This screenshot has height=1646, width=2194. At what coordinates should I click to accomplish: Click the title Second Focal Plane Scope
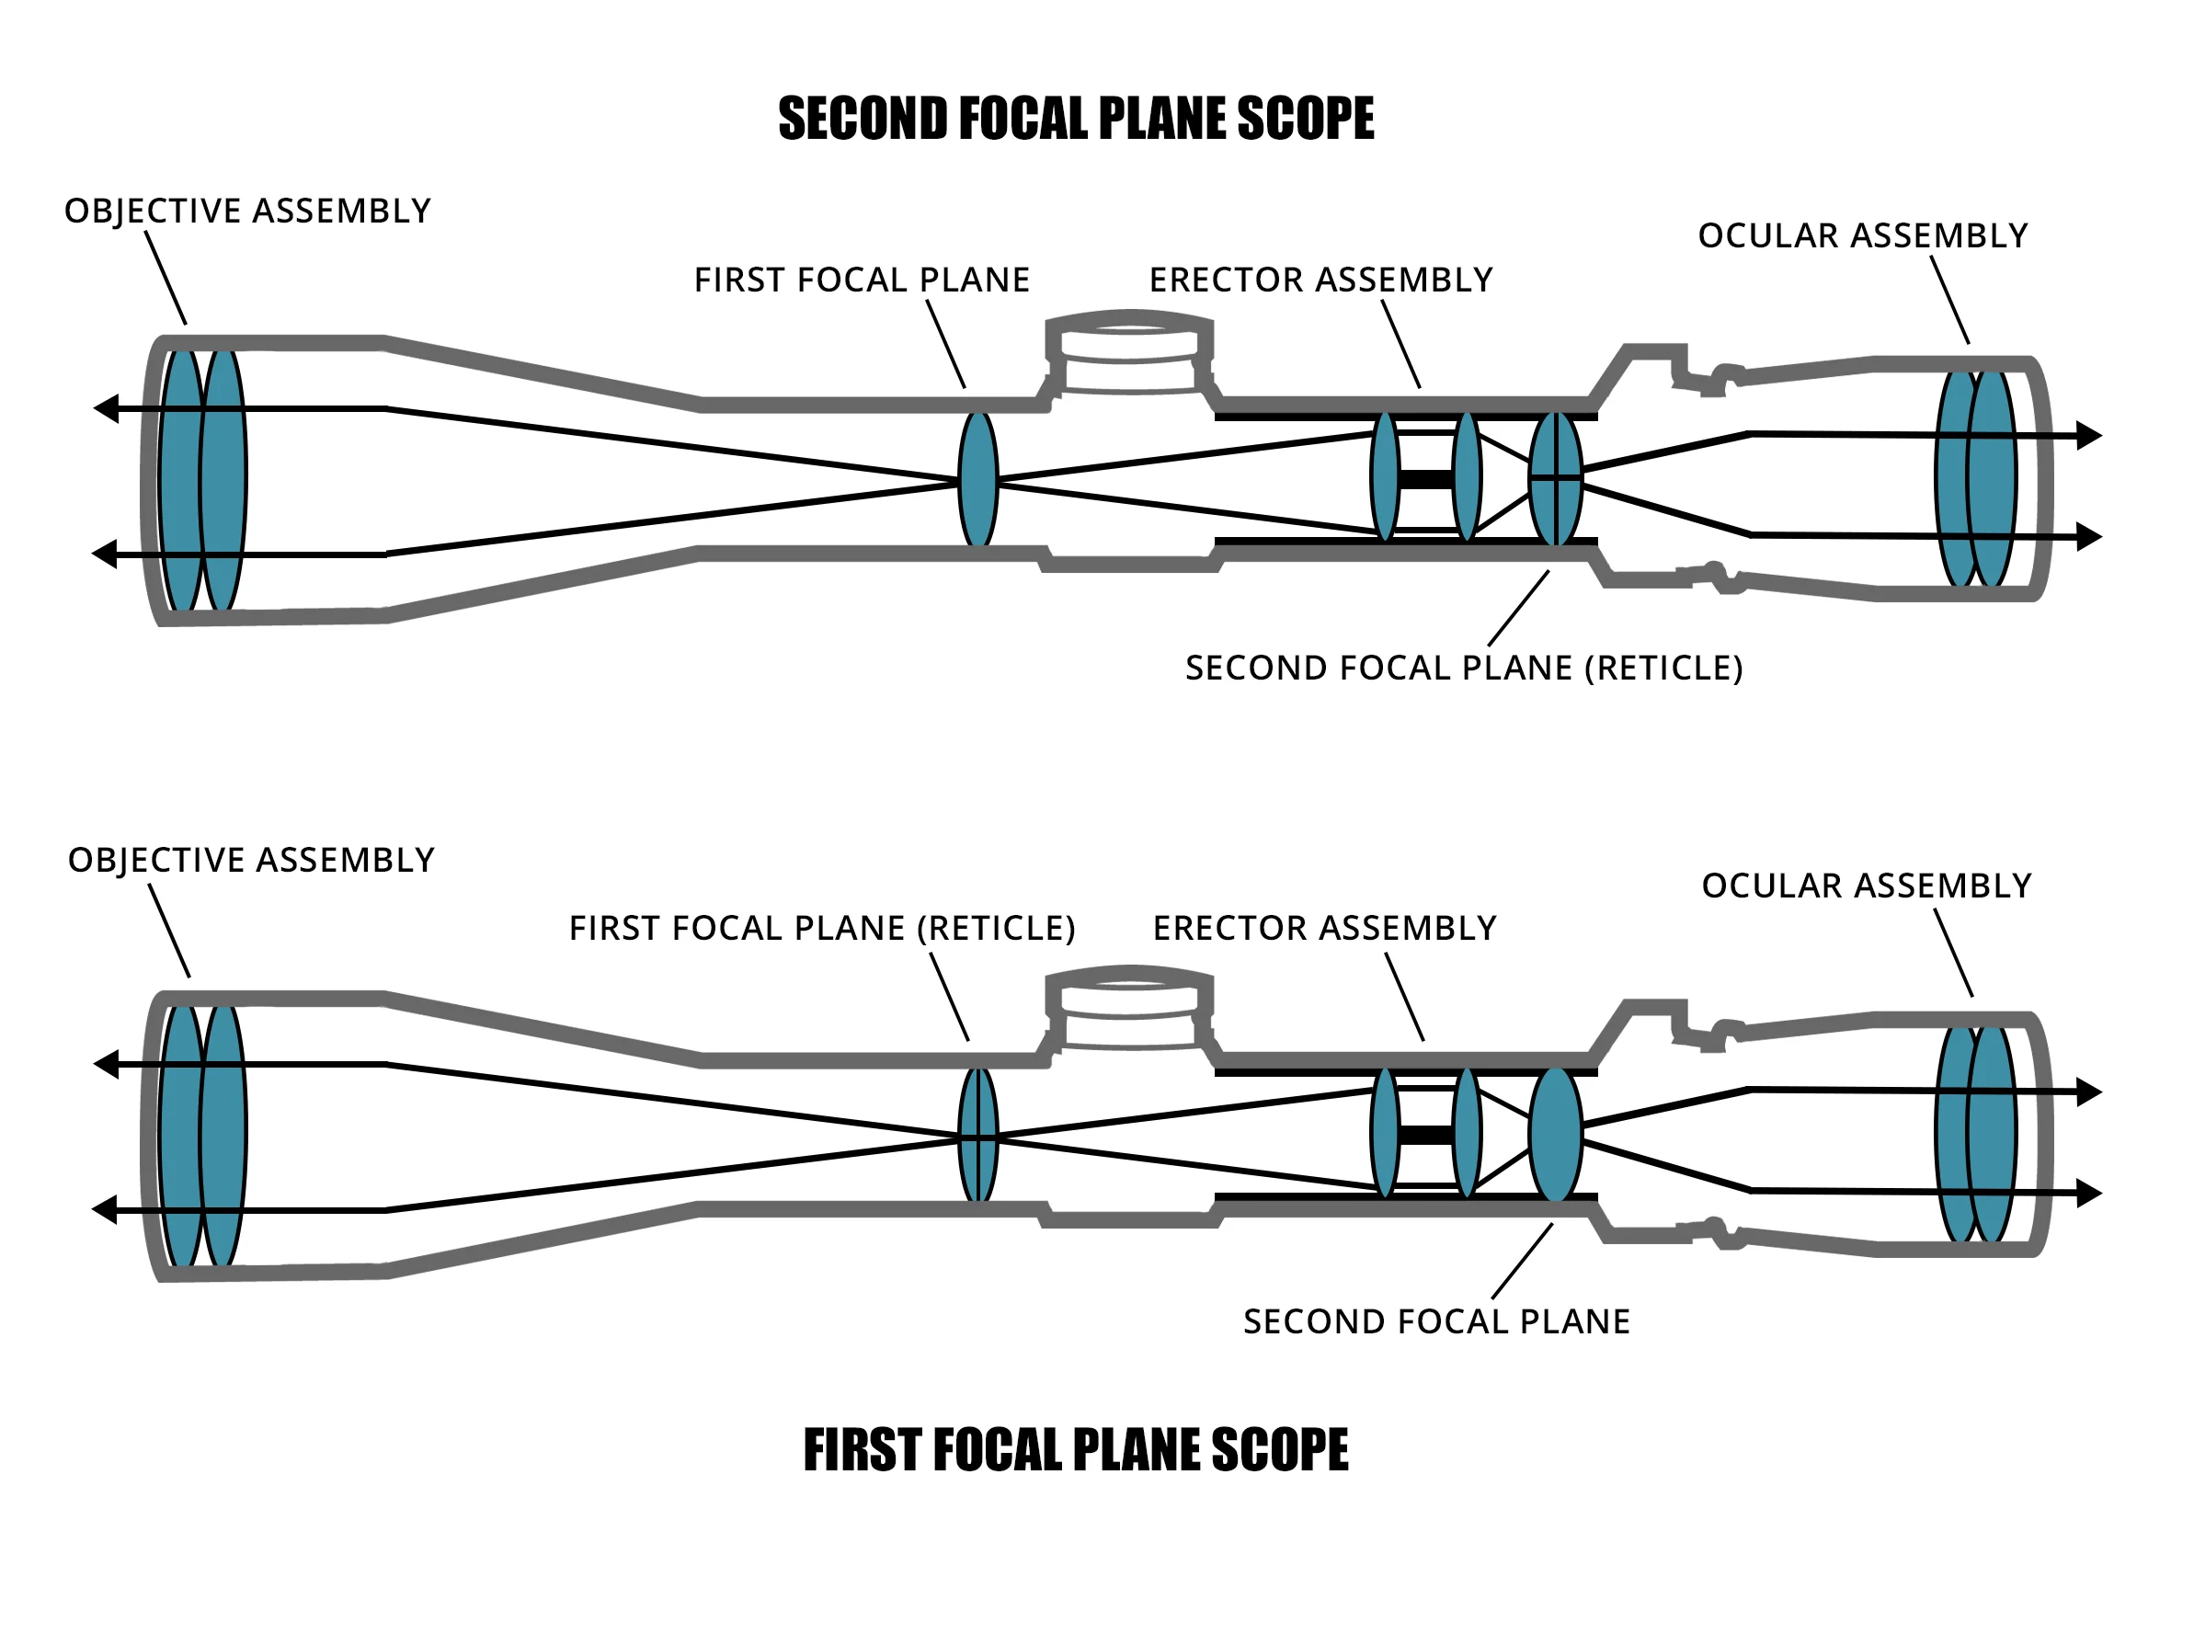[1075, 119]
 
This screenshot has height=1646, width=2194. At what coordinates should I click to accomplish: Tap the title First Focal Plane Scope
[1075, 1449]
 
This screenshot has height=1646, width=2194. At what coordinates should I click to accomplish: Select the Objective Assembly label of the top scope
[248, 211]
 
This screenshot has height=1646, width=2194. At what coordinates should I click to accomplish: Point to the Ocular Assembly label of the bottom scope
[1866, 885]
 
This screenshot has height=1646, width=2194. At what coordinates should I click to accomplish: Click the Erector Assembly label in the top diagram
[1320, 280]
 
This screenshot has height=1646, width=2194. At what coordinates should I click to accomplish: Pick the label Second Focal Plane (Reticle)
[1463, 668]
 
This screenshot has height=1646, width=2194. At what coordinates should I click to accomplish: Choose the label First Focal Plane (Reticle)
[821, 928]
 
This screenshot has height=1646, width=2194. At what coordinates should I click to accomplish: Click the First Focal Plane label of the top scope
[861, 280]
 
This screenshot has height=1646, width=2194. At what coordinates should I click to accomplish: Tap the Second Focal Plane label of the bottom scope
[1436, 1321]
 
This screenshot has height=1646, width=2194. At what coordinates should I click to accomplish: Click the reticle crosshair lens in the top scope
[1555, 478]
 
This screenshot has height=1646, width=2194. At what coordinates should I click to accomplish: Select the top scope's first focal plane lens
[978, 480]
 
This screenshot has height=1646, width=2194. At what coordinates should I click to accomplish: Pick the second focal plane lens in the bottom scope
[1555, 1134]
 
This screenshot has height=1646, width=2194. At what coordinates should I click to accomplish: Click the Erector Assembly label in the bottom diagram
[1324, 928]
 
